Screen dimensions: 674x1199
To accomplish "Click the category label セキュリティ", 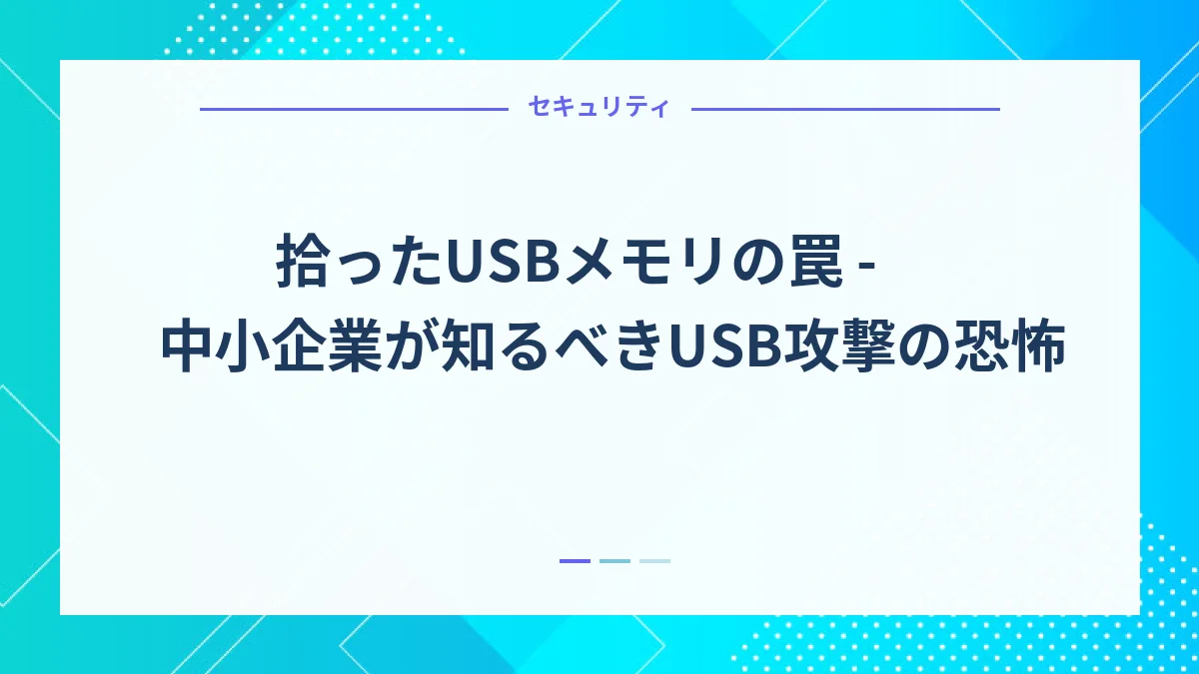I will pyautogui.click(x=599, y=108).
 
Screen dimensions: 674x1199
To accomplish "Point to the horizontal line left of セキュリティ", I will pyautogui.click(x=355, y=108).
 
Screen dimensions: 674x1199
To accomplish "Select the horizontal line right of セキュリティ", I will pyautogui.click(x=845, y=108).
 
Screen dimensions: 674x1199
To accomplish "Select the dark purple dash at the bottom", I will pyautogui.click(x=575, y=561).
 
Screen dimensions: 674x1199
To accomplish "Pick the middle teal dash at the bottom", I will pyautogui.click(x=614, y=561).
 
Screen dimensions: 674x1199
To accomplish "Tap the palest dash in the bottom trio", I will pyautogui.click(x=654, y=561).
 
